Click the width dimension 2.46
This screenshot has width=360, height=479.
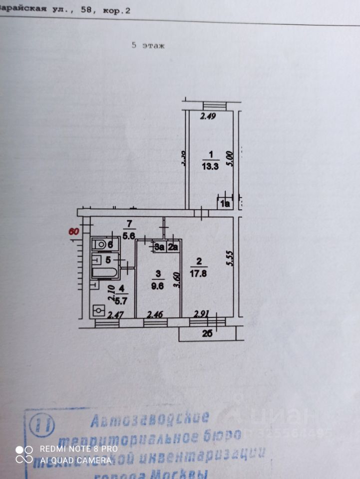154,315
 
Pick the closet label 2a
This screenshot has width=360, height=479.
173,246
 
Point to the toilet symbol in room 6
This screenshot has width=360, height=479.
103,244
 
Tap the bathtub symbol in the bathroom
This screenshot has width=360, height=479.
104,272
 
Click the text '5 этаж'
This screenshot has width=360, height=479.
148,45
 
